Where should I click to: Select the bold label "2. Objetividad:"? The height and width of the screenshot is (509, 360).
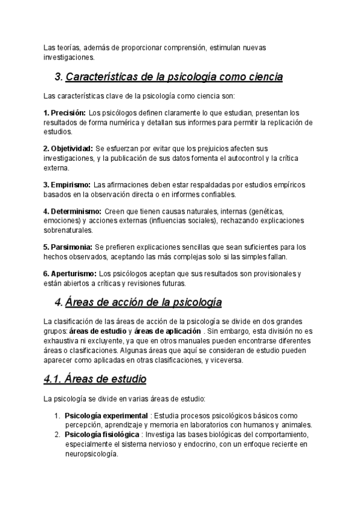point(68,148)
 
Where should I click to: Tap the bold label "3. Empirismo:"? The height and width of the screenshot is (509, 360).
point(67,184)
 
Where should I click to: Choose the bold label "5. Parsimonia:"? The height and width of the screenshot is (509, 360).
point(67,247)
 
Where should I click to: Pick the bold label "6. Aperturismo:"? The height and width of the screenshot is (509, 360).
point(70,274)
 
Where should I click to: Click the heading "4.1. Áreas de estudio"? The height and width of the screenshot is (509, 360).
point(95,379)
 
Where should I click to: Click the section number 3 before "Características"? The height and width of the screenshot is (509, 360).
point(58,77)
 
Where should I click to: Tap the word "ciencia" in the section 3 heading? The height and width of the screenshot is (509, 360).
point(261,77)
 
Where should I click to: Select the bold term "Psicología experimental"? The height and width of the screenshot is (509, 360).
point(106,415)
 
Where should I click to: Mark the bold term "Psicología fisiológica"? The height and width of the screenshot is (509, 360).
point(102,435)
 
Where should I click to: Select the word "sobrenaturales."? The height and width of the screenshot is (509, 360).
point(68,230)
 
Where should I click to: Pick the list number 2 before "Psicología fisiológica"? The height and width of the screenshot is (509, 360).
point(57,435)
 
